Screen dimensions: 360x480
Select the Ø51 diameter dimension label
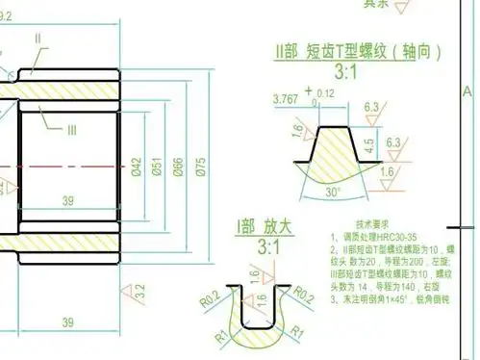(157, 166)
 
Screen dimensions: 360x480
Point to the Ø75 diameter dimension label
(201, 166)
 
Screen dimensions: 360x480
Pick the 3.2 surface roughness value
(139, 289)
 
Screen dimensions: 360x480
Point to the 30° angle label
(333, 192)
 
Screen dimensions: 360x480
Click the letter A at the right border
(468, 91)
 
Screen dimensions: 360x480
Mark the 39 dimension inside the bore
(68, 199)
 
